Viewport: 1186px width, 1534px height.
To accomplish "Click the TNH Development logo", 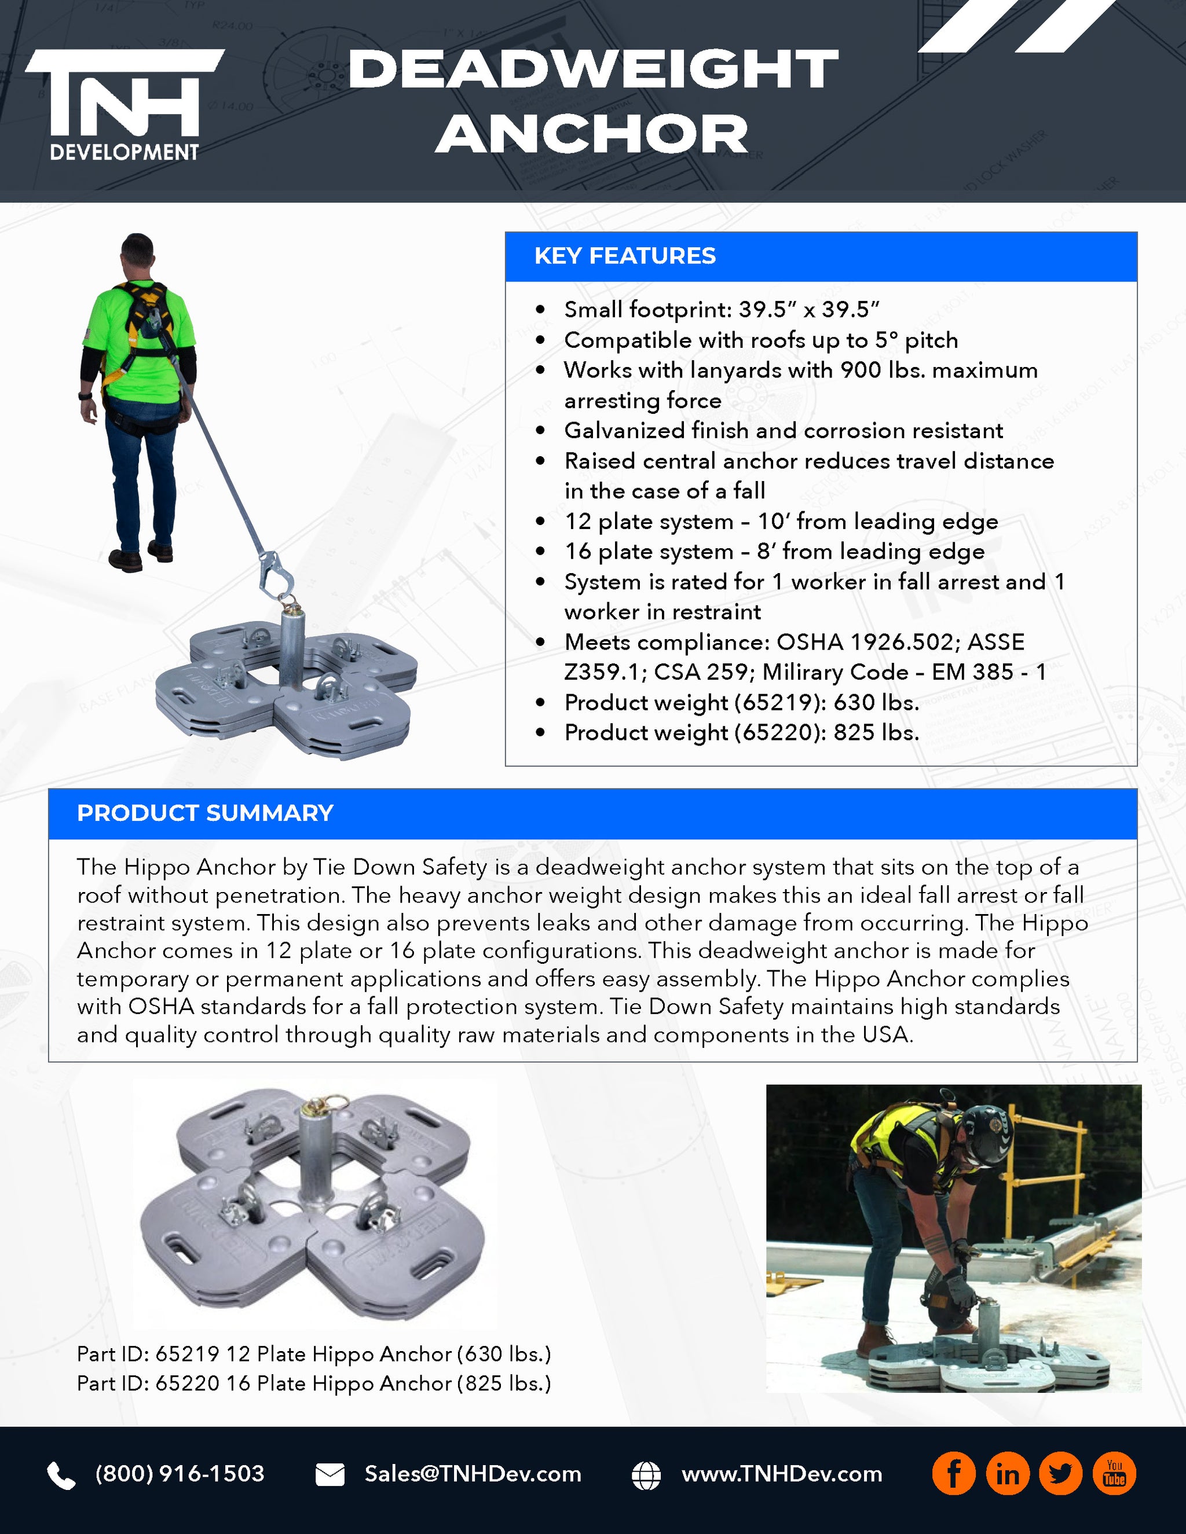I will (x=125, y=104).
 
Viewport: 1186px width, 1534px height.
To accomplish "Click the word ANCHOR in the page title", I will (x=592, y=134).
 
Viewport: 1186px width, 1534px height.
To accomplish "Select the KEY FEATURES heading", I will (x=625, y=256).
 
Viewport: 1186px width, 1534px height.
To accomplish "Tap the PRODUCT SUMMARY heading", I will (x=204, y=813).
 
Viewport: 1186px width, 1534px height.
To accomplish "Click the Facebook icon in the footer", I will (x=953, y=1474).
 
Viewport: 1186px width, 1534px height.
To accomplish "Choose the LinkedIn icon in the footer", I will (x=1007, y=1474).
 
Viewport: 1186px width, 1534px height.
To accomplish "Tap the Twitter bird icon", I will (x=1060, y=1474).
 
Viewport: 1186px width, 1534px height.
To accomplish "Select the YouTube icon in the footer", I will (x=1114, y=1474).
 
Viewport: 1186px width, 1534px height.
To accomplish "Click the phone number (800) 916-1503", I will (x=180, y=1474).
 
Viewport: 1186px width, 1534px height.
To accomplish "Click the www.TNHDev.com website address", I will (x=781, y=1474).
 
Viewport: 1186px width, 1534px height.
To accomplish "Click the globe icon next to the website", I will (x=646, y=1475).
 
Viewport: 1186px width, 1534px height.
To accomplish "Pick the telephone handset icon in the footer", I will (x=61, y=1476).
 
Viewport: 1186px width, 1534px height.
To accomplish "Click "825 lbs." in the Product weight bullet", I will (x=876, y=733).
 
